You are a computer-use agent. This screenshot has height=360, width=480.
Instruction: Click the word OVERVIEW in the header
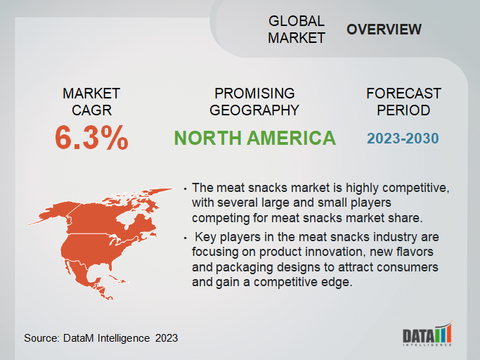point(384,30)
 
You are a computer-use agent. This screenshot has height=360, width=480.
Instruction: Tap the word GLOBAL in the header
point(297,21)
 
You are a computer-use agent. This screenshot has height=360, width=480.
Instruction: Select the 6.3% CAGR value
point(91,138)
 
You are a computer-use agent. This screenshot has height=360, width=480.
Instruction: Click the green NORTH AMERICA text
point(254,138)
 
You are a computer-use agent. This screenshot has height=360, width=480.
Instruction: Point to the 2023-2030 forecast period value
point(403,139)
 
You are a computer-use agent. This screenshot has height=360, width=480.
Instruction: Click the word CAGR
point(91,110)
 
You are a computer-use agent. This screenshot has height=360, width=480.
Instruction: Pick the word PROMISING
point(254,94)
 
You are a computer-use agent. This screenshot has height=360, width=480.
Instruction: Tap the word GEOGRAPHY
point(254,110)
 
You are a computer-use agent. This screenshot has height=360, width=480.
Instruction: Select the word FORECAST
point(403,94)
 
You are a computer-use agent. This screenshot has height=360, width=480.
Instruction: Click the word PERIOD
point(403,110)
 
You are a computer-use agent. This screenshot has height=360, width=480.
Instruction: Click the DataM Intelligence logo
point(427,334)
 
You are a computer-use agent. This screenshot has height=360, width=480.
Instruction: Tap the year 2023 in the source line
point(167,338)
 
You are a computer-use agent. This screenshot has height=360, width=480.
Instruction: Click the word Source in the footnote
point(41,338)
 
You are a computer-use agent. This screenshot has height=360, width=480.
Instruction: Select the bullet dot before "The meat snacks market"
point(186,189)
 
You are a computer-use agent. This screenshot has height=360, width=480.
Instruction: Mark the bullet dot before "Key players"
point(186,238)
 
